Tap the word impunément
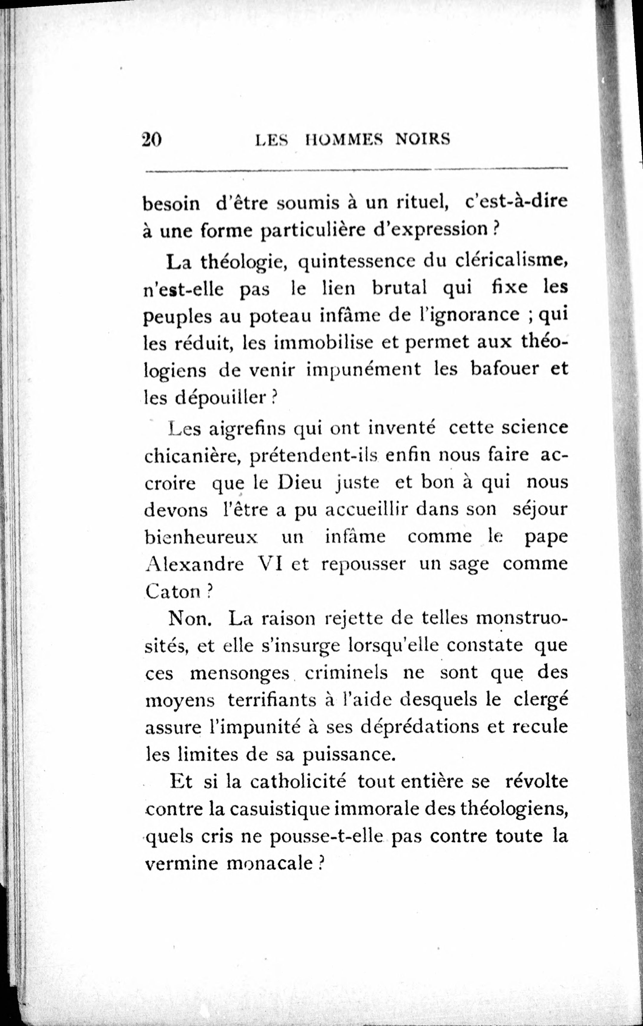click(364, 369)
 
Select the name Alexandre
click(194, 564)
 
